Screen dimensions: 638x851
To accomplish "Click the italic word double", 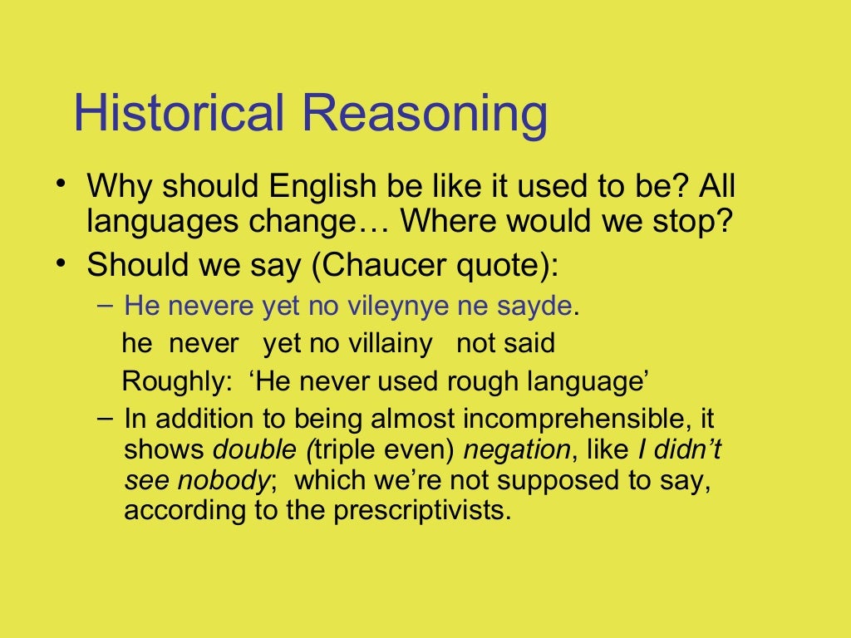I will point(254,449).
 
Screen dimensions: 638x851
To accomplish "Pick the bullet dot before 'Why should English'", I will point(61,183).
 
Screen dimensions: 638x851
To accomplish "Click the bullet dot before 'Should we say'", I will point(61,263).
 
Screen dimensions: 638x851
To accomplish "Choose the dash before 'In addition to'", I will point(103,416).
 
